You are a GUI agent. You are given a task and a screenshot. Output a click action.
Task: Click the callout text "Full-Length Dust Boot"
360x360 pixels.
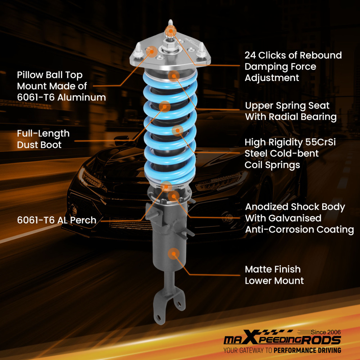[x=43, y=139]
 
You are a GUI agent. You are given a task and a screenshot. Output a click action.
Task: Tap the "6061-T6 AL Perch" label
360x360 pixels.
[x=57, y=220]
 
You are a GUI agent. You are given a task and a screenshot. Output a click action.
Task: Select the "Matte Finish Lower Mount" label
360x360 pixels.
[x=274, y=275]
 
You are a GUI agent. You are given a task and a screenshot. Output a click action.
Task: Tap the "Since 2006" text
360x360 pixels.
[x=325, y=332]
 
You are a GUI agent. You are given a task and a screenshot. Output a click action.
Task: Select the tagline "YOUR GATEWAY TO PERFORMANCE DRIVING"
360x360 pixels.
[x=282, y=350]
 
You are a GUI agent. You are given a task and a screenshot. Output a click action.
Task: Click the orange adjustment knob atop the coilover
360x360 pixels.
[x=170, y=31]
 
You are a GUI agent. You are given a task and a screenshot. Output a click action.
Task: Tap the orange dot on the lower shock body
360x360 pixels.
[x=174, y=254]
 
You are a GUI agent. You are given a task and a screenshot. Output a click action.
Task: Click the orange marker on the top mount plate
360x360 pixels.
[x=152, y=51]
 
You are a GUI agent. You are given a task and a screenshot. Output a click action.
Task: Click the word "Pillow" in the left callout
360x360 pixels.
[x=30, y=75]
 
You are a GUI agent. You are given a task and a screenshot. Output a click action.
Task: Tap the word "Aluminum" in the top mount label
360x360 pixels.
[x=81, y=97]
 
